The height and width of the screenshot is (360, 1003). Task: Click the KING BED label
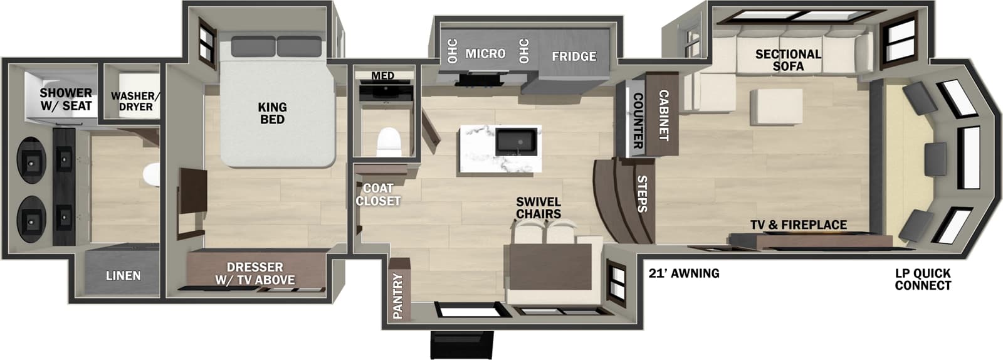(272, 114)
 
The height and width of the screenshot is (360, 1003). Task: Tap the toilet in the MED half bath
(389, 142)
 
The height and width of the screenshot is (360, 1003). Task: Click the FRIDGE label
(574, 56)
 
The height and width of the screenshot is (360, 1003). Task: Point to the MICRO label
(485, 54)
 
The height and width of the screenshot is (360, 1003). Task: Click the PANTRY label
(398, 296)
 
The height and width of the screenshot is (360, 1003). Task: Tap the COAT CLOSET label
(378, 194)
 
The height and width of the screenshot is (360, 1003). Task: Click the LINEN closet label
(123, 275)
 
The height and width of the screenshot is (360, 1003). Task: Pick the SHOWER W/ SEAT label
(66, 99)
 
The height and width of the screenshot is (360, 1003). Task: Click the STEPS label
(642, 194)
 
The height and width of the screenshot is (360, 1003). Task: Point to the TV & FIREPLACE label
(798, 225)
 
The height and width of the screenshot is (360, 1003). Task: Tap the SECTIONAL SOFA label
(788, 60)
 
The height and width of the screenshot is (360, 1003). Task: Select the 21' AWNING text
(683, 273)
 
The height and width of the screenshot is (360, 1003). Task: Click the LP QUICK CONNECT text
(923, 279)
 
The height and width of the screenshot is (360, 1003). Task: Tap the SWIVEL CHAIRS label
(538, 208)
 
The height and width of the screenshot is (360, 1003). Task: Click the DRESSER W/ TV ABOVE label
(255, 273)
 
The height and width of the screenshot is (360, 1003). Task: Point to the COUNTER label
(637, 120)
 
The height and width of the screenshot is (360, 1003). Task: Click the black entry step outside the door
(461, 344)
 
